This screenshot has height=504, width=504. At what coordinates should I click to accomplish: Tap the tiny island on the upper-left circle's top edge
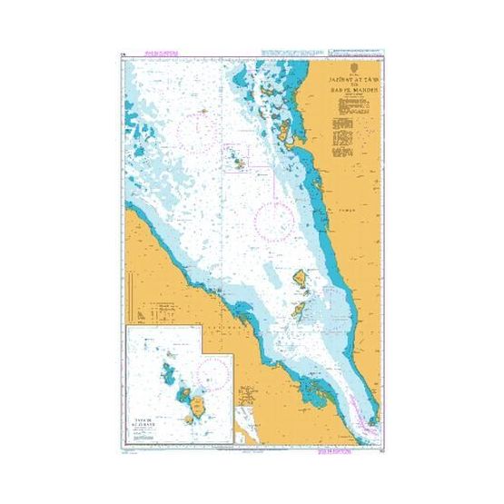pyautogui.click(x=204, y=112)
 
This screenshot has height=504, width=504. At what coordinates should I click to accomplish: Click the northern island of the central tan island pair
pyautogui.click(x=300, y=277)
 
